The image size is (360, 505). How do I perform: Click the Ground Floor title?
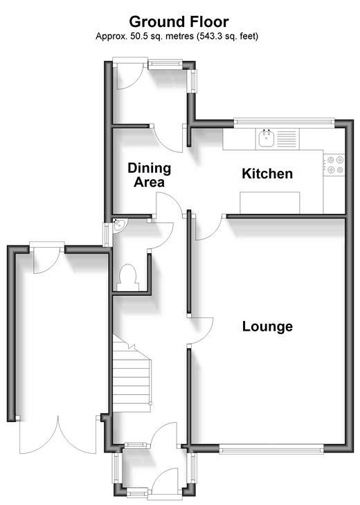click(179, 22)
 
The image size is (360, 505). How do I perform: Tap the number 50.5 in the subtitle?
click(138, 36)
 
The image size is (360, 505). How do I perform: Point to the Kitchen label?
click(267, 174)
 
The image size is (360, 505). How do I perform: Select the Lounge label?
click(267, 327)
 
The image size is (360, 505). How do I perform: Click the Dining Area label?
click(150, 175)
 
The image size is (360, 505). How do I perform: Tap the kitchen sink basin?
click(267, 138)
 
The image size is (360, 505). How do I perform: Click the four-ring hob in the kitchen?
click(335, 165)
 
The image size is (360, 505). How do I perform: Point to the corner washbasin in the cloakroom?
click(119, 224)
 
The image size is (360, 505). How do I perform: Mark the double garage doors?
click(58, 435)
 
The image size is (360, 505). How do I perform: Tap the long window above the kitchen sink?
click(285, 122)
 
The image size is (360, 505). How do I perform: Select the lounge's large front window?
click(271, 449)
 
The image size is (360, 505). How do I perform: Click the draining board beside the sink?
click(287, 138)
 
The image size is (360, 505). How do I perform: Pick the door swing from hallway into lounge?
click(200, 331)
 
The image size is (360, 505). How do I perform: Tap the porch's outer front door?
click(164, 481)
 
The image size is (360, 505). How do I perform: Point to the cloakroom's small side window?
click(106, 235)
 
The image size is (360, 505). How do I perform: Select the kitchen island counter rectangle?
click(270, 203)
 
